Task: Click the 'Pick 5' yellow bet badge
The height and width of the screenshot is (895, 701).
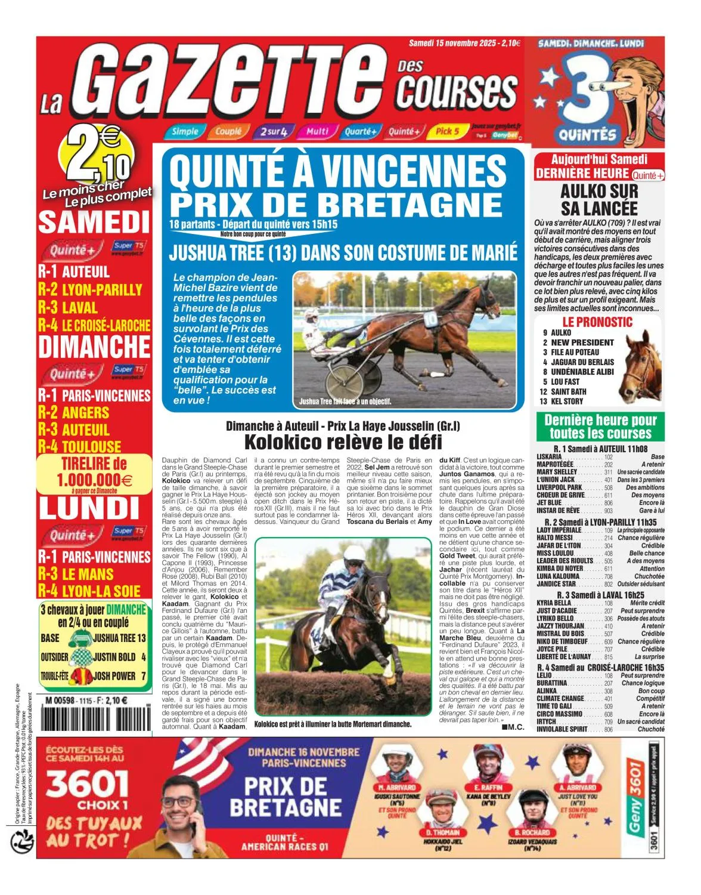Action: point(448,131)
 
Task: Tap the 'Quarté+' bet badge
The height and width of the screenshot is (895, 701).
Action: point(359,131)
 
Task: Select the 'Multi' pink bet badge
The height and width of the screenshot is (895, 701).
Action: point(317,131)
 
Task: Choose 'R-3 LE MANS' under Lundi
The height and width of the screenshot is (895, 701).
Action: point(76,574)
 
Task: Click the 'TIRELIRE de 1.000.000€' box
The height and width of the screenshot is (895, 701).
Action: point(94,473)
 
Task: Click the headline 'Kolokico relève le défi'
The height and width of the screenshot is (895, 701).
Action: point(343,442)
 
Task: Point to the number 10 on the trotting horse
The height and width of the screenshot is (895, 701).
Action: point(430,318)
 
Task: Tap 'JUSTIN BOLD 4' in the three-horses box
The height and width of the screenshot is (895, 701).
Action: point(119,657)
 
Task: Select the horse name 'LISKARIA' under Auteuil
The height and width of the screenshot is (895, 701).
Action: point(549,456)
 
